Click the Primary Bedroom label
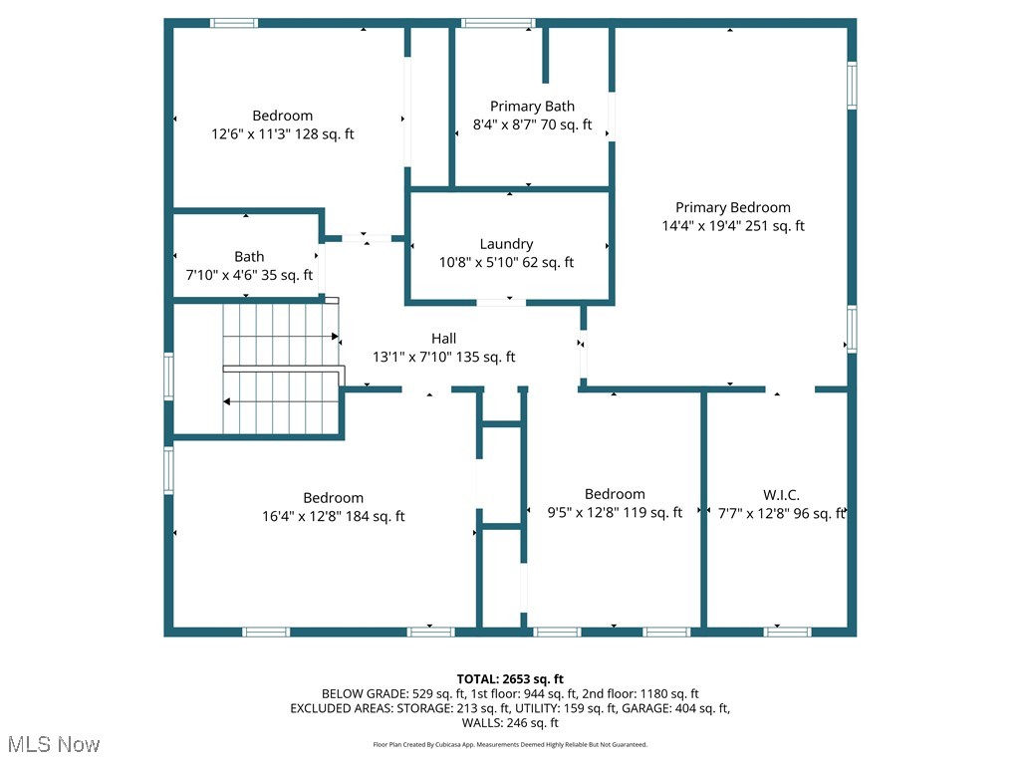pyautogui.click(x=733, y=207)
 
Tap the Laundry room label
pyautogui.click(x=506, y=244)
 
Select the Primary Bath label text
pyautogui.click(x=532, y=107)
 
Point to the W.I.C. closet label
pyautogui.click(x=781, y=495)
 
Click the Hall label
pyautogui.click(x=443, y=339)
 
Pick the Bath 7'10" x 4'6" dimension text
pyautogui.click(x=249, y=276)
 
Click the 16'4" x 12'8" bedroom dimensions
pyautogui.click(x=333, y=516)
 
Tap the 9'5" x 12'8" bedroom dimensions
pyautogui.click(x=615, y=513)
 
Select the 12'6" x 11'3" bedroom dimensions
pyautogui.click(x=282, y=134)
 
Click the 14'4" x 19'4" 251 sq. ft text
pyautogui.click(x=733, y=226)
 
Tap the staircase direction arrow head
pyautogui.click(x=228, y=402)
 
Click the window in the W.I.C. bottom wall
pyautogui.click(x=787, y=632)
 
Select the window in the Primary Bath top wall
pyautogui.click(x=498, y=23)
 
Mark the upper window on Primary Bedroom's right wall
pyautogui.click(x=852, y=85)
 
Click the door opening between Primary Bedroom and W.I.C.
pyautogui.click(x=791, y=389)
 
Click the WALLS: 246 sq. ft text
pyautogui.click(x=510, y=723)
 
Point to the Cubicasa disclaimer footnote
pyautogui.click(x=510, y=745)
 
